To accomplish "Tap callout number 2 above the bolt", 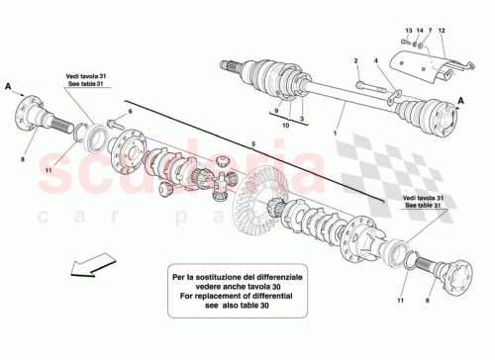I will tap(355, 61).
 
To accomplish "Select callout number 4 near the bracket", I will tap(378, 61).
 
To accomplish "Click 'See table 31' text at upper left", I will tap(86, 84).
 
